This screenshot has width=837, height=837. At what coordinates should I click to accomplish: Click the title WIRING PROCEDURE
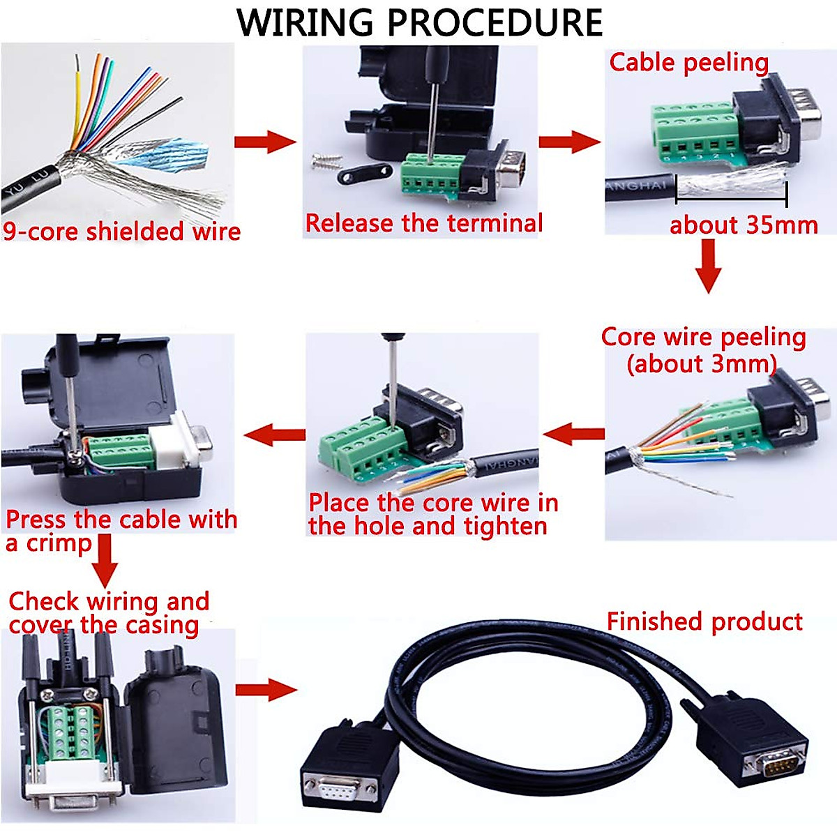click(419, 22)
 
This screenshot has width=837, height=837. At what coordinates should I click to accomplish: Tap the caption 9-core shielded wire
click(121, 231)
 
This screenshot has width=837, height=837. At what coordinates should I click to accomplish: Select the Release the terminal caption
click(424, 223)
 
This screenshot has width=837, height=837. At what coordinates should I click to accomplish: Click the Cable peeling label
click(688, 62)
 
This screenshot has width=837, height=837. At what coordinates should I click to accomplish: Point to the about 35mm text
click(744, 225)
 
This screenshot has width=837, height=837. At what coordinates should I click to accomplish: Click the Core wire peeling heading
click(703, 337)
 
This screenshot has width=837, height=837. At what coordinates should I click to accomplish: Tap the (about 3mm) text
click(701, 363)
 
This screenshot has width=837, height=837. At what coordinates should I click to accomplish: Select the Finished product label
click(704, 621)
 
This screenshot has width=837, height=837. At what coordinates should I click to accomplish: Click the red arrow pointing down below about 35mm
click(708, 266)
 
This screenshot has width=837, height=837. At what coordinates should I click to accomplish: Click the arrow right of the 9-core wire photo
click(264, 142)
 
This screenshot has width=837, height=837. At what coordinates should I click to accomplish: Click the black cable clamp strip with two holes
click(364, 173)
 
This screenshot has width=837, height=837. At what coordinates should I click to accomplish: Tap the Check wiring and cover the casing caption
click(108, 612)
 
